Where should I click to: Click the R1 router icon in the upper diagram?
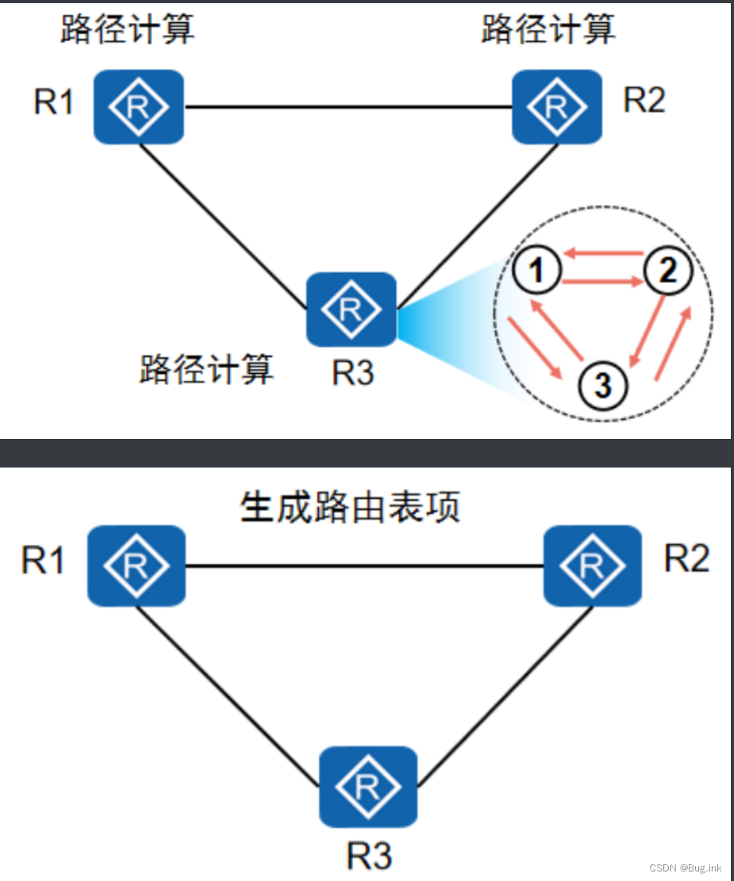click(x=139, y=107)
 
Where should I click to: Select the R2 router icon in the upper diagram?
click(x=557, y=107)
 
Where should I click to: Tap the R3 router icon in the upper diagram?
click(x=351, y=309)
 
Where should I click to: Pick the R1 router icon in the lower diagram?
click(x=136, y=565)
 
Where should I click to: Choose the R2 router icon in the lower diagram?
click(x=592, y=565)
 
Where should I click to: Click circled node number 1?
click(x=538, y=273)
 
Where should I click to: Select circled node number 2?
click(x=666, y=273)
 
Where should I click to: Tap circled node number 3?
click(x=603, y=386)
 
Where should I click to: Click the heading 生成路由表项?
click(x=350, y=507)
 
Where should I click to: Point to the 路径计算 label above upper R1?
click(x=127, y=30)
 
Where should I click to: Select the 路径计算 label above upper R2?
click(x=549, y=30)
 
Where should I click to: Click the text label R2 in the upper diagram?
click(x=644, y=102)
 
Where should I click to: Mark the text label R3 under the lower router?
click(x=369, y=857)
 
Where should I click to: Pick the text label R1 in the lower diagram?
click(x=43, y=561)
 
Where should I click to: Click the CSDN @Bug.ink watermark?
click(x=685, y=867)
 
